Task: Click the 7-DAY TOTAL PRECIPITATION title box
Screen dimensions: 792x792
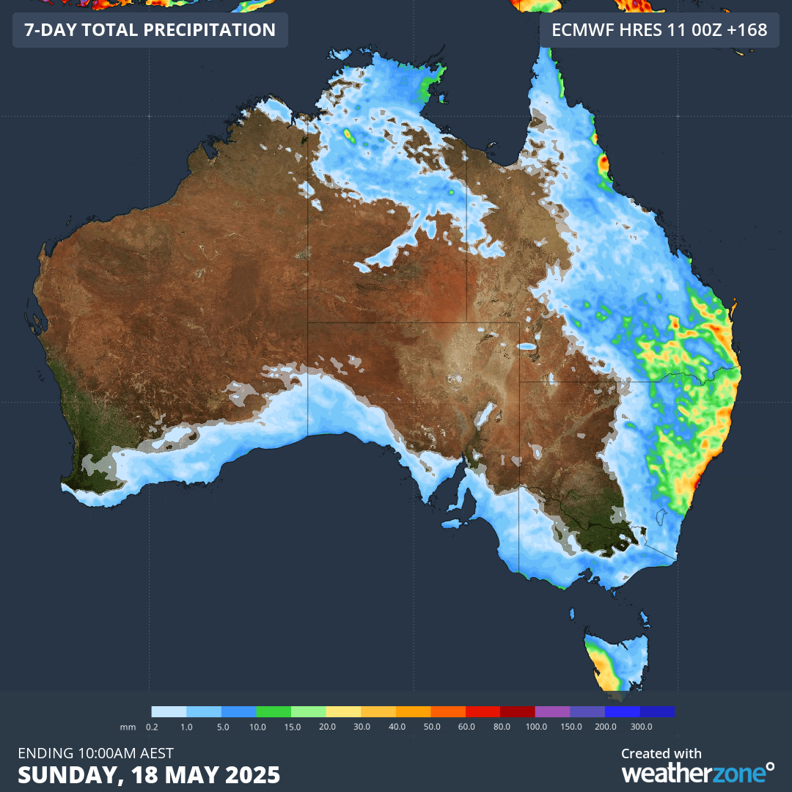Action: coord(150,30)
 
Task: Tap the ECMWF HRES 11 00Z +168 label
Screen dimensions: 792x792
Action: coord(659,30)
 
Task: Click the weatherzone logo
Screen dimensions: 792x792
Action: coord(697,772)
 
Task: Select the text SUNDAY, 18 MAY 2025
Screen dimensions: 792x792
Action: coord(149,774)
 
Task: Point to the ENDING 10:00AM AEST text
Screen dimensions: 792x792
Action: coord(95,753)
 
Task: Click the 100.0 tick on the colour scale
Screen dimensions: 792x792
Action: coord(536,726)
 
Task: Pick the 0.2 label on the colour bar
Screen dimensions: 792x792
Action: coord(152,726)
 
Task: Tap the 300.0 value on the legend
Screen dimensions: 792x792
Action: coord(641,726)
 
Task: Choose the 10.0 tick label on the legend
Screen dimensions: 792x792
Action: coord(257,726)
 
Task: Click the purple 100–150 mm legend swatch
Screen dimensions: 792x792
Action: coord(553,711)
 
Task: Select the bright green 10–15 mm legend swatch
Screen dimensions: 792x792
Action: coord(274,711)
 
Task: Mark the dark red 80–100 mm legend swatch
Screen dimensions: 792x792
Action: coord(518,711)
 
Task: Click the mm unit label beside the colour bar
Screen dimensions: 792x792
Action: coord(125,726)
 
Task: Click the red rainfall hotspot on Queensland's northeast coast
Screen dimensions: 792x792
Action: coord(604,163)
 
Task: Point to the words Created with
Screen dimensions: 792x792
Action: coord(661,753)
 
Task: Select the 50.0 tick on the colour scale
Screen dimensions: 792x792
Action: coord(431,726)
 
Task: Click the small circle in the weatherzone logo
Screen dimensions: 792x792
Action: coord(769,766)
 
